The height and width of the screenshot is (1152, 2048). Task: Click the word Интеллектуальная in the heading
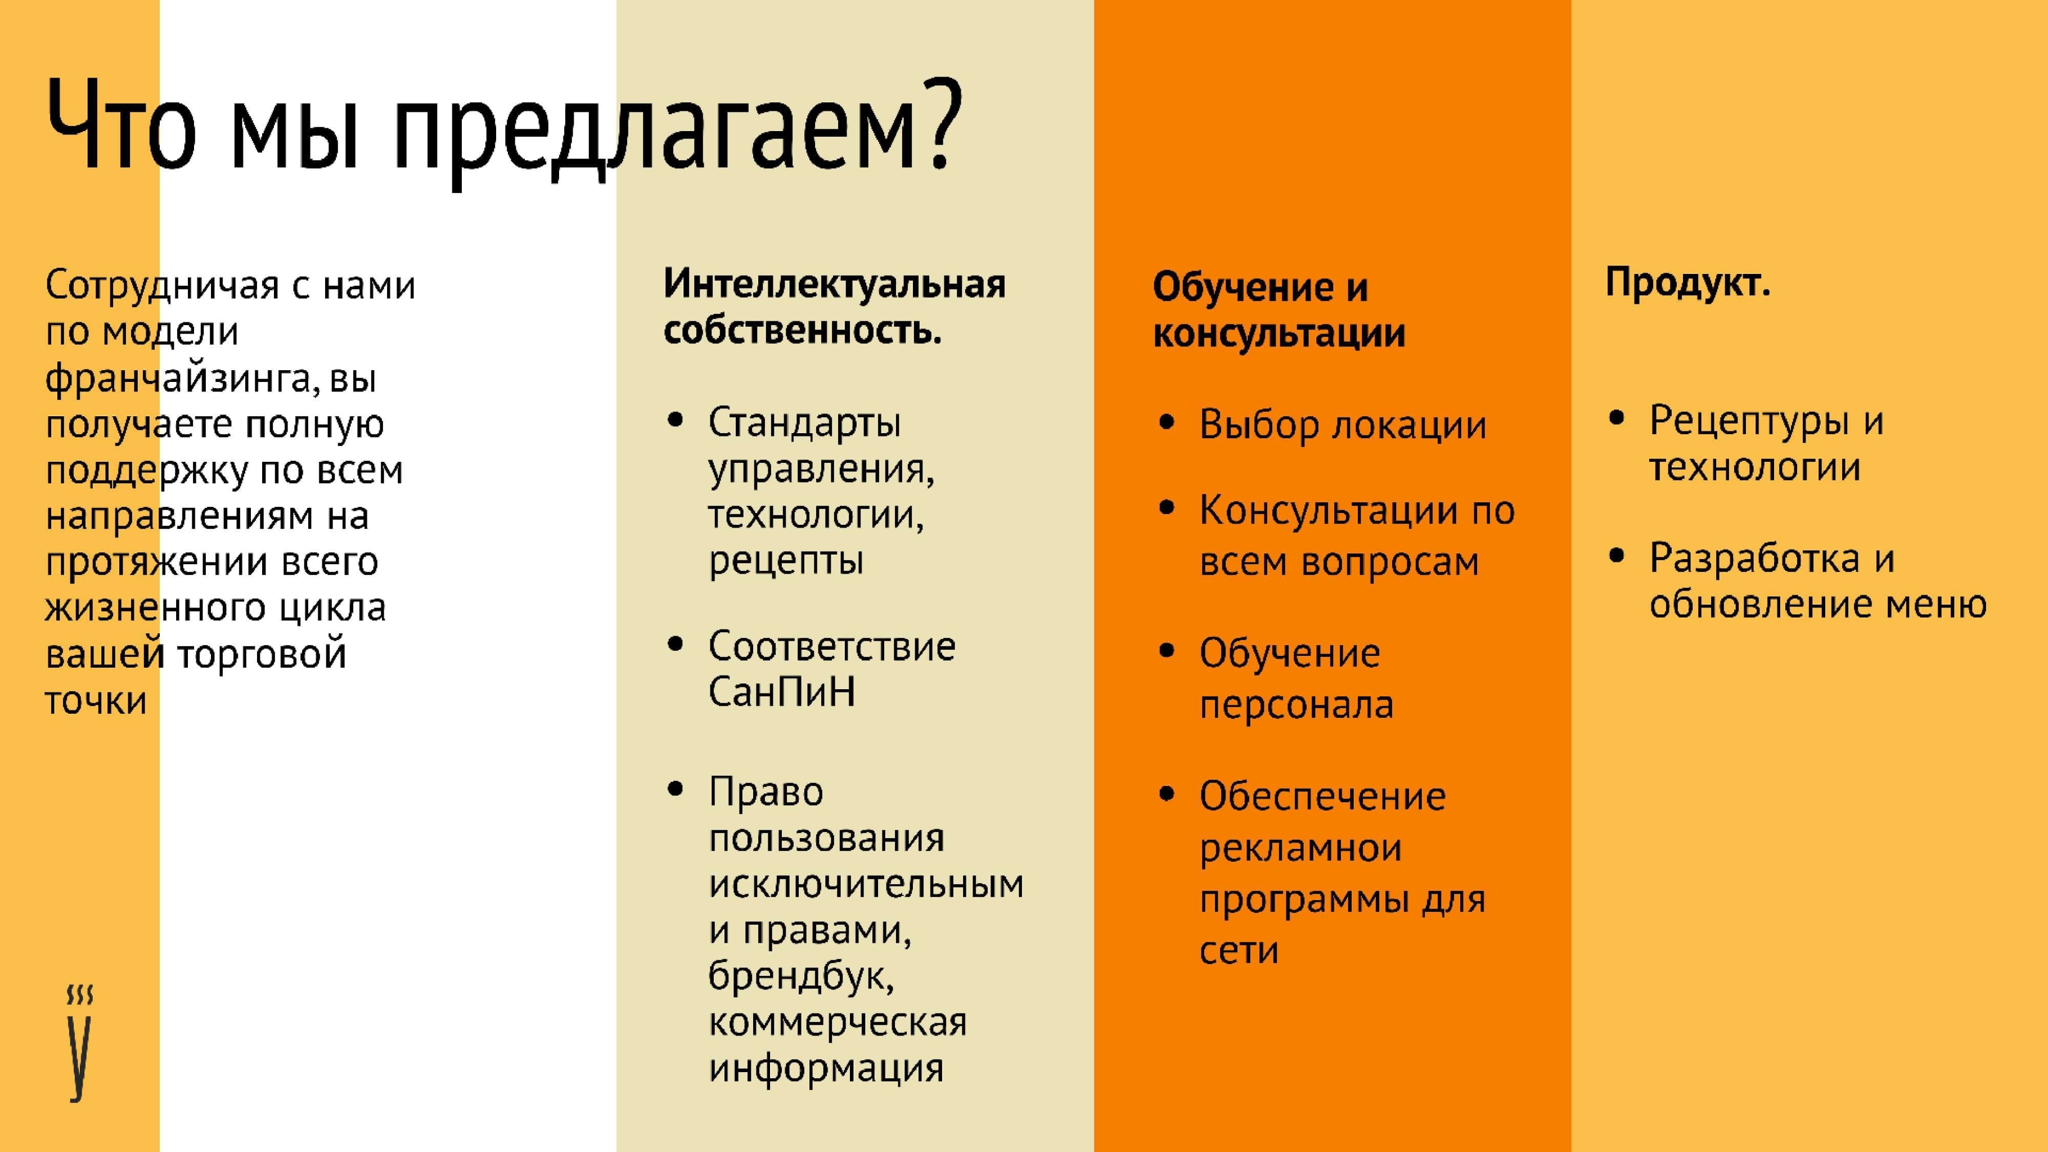pos(834,284)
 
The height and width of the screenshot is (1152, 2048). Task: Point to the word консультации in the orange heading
pos(1279,334)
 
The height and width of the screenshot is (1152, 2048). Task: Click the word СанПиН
pos(781,692)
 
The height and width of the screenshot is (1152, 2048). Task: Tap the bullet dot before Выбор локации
pos(1167,423)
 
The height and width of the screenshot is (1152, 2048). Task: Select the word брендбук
pos(800,976)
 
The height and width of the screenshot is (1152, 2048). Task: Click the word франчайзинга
pos(177,379)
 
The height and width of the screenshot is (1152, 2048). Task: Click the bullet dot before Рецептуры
pos(1615,418)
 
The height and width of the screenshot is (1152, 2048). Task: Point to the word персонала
pos(1296,705)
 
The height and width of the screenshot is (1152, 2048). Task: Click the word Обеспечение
pos(1322,796)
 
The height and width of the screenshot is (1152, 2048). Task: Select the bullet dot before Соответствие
pos(676,644)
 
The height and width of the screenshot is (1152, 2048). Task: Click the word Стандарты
pos(804,422)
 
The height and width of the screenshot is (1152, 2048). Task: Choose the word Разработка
pos(1754,558)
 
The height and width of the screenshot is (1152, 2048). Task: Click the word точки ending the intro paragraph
pos(96,701)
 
